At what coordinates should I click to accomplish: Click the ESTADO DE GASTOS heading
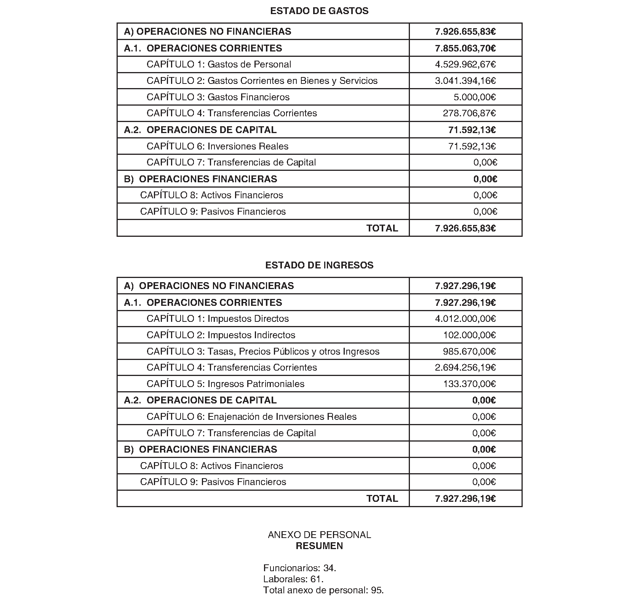click(319, 11)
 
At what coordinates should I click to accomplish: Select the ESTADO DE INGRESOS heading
click(319, 265)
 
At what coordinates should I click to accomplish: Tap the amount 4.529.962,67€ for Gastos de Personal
click(465, 64)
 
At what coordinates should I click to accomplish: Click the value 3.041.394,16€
click(465, 81)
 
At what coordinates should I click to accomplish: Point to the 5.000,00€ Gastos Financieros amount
click(474, 97)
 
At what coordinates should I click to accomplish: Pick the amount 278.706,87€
click(469, 113)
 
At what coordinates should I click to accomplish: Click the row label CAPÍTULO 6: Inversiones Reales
click(218, 146)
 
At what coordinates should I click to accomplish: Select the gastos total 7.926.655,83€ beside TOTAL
click(465, 228)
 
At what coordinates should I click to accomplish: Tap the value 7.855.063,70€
click(465, 48)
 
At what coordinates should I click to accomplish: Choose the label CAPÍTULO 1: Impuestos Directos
click(218, 319)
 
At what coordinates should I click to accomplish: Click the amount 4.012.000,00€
click(465, 319)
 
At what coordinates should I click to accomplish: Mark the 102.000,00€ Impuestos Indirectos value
click(469, 335)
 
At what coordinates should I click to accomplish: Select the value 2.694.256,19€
click(465, 368)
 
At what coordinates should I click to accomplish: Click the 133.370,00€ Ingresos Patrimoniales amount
click(469, 384)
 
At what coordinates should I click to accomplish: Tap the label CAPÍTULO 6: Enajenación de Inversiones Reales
click(251, 417)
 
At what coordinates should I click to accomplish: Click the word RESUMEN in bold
click(319, 546)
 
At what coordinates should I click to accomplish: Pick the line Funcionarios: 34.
click(299, 568)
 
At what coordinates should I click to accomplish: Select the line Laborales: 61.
click(293, 579)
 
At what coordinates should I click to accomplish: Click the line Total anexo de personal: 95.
click(323, 590)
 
